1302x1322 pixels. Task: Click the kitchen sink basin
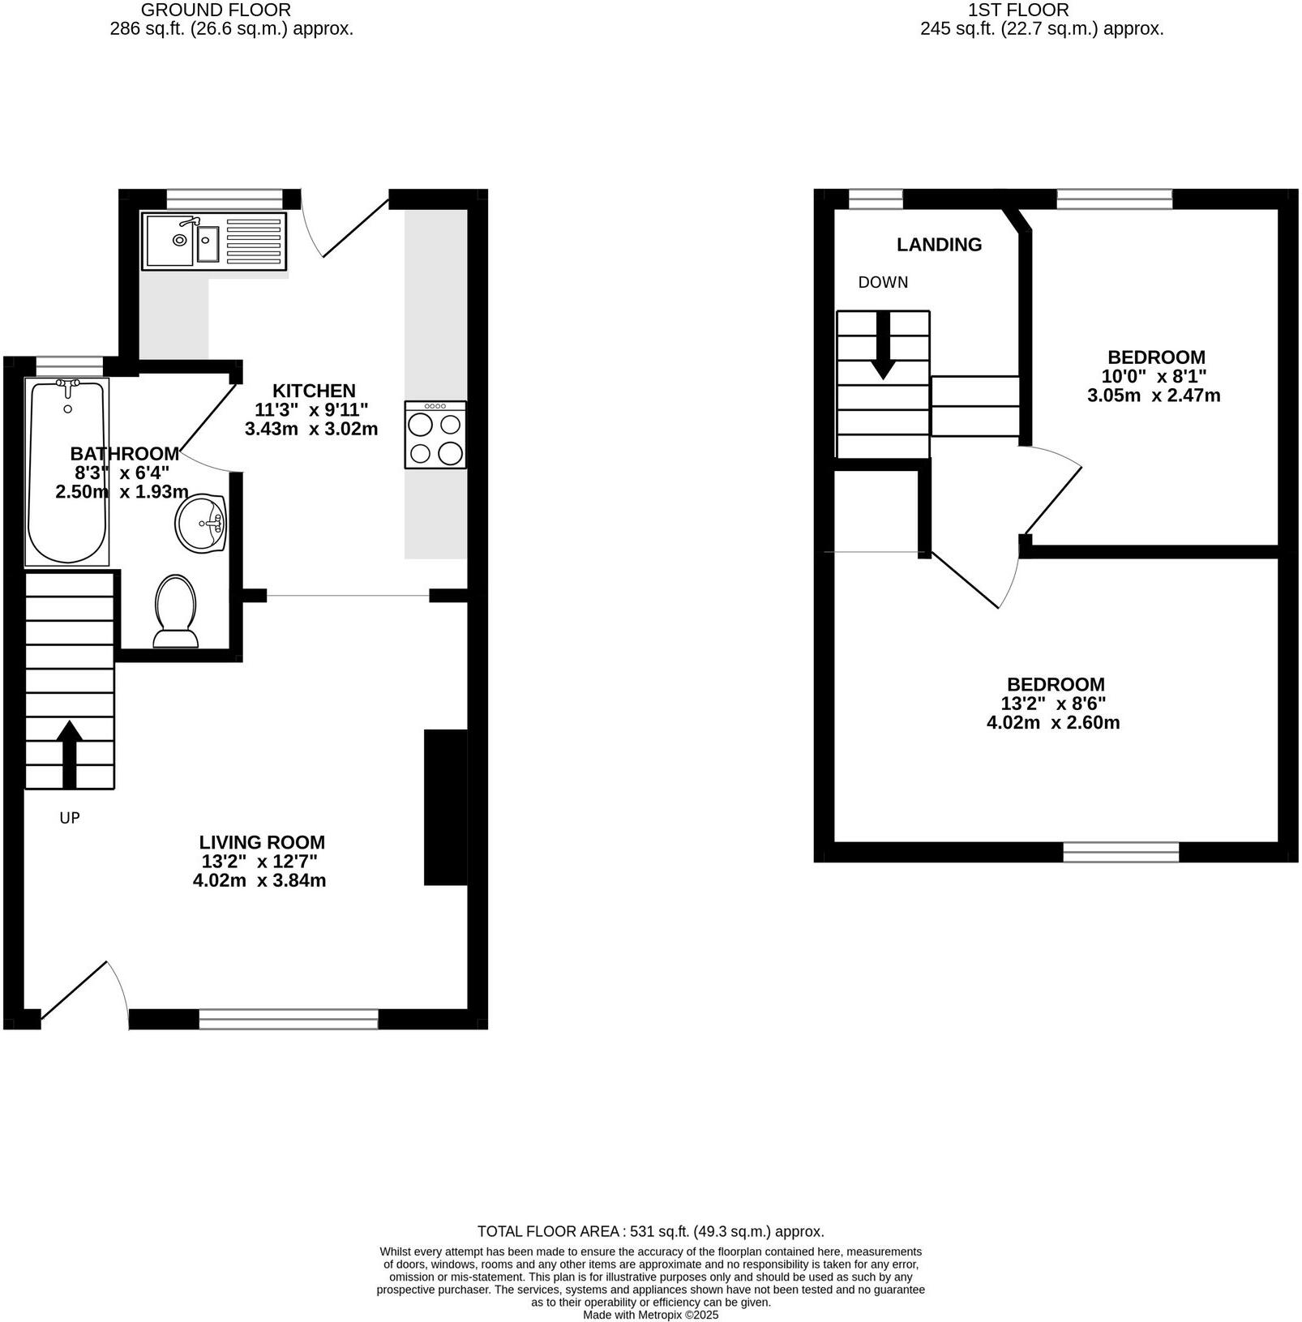coord(208,240)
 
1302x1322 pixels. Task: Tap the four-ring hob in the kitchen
coord(435,435)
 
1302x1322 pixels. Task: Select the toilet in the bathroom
coord(176,613)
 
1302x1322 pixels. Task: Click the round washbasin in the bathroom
coord(200,524)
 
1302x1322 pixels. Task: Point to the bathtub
coord(67,473)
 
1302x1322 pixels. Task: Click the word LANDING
coord(939,245)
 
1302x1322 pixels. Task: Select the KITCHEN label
coord(314,391)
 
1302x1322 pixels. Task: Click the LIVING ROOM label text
coord(262,842)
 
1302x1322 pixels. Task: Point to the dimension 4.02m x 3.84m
coord(259,880)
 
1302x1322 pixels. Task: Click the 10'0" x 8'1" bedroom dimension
coord(1154,377)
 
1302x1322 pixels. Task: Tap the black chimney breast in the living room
coord(445,807)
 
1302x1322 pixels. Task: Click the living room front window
coord(289,1019)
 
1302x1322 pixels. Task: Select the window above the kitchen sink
coord(225,198)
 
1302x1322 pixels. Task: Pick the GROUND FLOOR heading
coord(216,11)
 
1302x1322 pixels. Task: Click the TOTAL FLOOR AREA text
coord(650,1231)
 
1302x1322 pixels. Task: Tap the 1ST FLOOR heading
coord(1018,11)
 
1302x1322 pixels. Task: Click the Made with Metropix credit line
coord(650,1315)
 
